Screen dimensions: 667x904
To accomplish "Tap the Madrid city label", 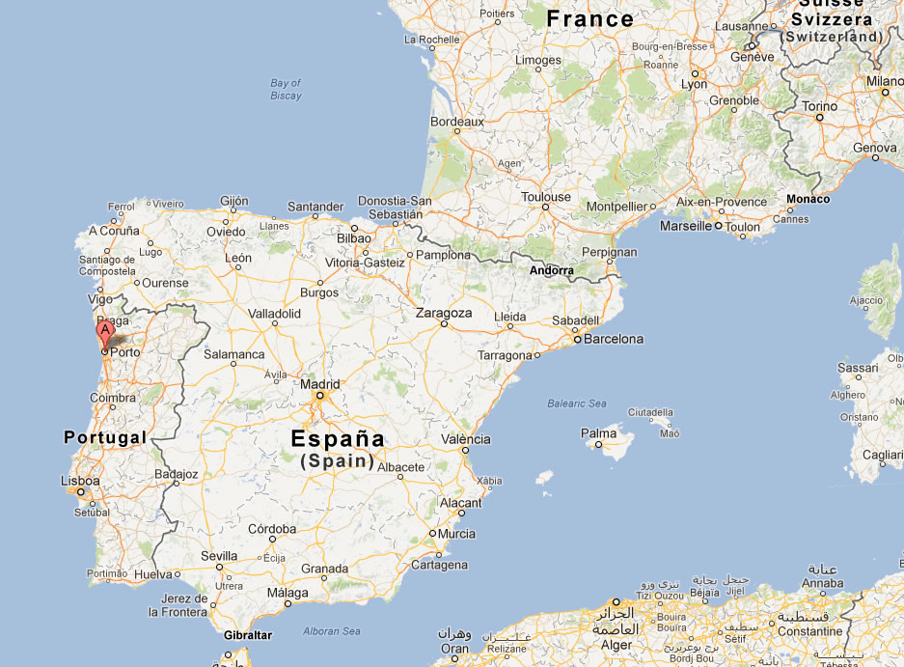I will (319, 383).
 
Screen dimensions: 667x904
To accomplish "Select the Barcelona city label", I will (613, 339).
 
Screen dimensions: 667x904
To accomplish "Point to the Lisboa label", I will (80, 480).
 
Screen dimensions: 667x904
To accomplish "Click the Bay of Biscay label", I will (286, 89).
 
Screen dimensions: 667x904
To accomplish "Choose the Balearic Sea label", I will (577, 403).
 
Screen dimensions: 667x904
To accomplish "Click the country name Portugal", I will (105, 437).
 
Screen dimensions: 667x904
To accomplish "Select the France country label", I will (589, 18).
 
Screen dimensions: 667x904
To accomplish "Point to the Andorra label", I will (552, 271).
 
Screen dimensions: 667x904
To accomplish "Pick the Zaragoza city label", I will (444, 313).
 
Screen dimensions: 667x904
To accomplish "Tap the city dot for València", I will (464, 450).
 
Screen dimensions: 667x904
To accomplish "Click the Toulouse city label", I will (546, 197).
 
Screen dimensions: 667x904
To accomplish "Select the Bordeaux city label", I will (456, 123).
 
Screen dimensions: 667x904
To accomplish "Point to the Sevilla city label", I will (219, 556).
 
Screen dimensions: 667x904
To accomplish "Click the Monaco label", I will (808, 199).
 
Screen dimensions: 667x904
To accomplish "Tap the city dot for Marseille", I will (718, 226).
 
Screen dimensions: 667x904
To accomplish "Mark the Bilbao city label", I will (354, 237).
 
